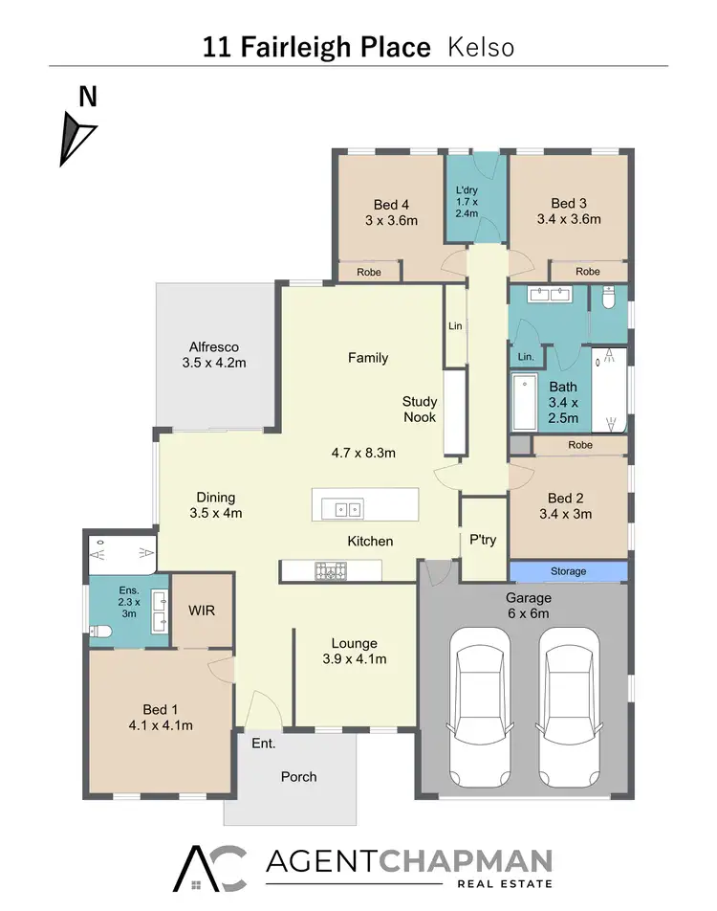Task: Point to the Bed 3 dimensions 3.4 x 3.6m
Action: (x=569, y=219)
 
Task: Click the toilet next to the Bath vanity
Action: (x=609, y=300)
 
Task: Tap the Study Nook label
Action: (x=419, y=410)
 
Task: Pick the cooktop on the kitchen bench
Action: (x=331, y=572)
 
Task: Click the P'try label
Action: (x=483, y=540)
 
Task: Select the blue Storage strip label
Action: (x=568, y=571)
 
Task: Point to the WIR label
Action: (x=202, y=609)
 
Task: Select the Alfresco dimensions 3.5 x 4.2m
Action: (x=214, y=363)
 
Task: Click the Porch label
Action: (x=298, y=776)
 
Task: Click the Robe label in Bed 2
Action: (x=579, y=445)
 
